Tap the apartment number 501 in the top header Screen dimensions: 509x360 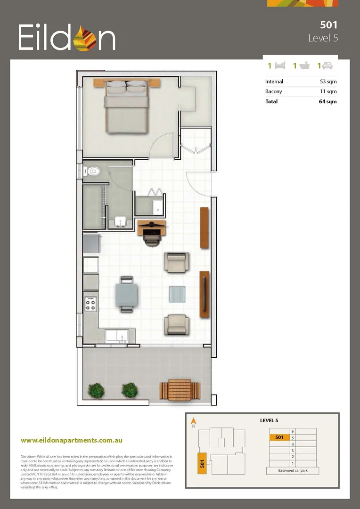(328, 25)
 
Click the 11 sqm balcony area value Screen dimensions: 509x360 (328, 91)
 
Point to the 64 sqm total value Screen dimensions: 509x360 (327, 101)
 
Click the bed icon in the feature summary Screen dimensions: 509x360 (280, 66)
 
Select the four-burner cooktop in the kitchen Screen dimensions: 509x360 (90, 303)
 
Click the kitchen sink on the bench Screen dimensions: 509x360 (117, 336)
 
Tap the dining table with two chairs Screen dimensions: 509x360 (127, 294)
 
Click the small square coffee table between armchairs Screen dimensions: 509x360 (177, 294)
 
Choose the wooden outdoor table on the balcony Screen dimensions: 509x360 (180, 390)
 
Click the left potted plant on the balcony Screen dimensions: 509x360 (96, 390)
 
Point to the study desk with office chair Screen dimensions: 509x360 (152, 230)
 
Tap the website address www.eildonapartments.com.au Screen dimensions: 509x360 (72, 440)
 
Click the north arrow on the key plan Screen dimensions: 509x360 (193, 421)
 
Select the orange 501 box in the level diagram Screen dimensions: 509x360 (279, 437)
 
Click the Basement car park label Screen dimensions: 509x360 (293, 470)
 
